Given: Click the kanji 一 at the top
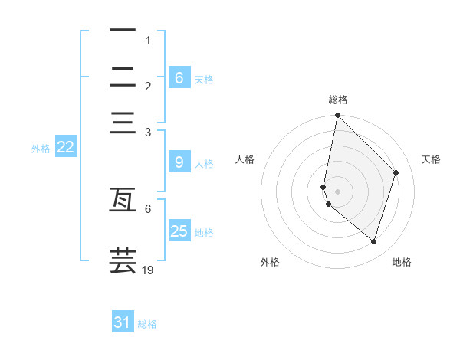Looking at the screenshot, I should (x=123, y=31).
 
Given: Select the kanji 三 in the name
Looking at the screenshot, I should (x=123, y=123).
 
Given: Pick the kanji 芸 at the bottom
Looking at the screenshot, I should (x=123, y=260).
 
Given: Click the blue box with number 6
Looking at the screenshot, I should (x=179, y=77).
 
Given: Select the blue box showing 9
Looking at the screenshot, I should (x=179, y=162).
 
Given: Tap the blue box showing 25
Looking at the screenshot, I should (x=179, y=231).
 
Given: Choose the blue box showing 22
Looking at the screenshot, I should (x=65, y=148).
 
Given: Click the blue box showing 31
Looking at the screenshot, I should (x=123, y=322).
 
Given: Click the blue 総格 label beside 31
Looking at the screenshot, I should (x=147, y=324).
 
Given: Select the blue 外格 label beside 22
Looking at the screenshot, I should (x=40, y=149).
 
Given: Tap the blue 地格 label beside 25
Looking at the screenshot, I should (x=204, y=232).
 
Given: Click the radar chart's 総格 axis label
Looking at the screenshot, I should (x=338, y=100).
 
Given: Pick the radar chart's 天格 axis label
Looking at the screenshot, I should (x=431, y=159).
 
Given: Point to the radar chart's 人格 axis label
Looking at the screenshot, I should (x=245, y=159).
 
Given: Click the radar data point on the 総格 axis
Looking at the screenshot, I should (x=337, y=116).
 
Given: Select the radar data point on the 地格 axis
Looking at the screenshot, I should (x=373, y=241).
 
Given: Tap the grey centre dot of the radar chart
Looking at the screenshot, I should (x=337, y=191).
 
